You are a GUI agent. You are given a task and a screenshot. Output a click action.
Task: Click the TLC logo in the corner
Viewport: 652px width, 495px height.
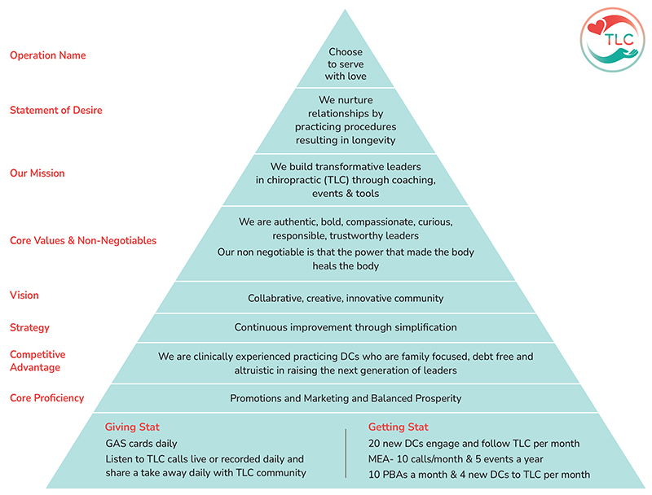click(x=612, y=40)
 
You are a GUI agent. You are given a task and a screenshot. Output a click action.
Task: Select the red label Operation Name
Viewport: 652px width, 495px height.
click(x=48, y=55)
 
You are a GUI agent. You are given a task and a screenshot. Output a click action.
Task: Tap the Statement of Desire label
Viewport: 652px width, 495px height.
click(x=56, y=110)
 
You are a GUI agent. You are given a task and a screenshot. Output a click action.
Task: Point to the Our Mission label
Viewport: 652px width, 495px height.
click(x=37, y=173)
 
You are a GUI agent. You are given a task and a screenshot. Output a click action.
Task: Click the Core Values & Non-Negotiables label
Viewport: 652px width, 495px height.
click(x=83, y=240)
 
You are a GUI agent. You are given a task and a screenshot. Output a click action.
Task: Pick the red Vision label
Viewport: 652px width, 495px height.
click(x=24, y=296)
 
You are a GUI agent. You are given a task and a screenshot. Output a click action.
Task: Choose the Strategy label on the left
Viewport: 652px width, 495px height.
click(x=29, y=327)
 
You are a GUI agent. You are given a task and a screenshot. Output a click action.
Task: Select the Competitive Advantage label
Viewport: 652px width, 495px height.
click(x=37, y=361)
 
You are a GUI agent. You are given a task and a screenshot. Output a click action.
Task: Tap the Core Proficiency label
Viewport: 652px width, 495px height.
click(x=47, y=398)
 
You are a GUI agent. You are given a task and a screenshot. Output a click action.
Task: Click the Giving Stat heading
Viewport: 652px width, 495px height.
click(x=132, y=427)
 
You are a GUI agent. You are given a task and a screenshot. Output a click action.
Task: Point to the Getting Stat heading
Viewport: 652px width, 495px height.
click(x=399, y=427)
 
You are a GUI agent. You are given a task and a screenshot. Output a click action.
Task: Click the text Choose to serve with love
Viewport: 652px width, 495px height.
click(x=346, y=64)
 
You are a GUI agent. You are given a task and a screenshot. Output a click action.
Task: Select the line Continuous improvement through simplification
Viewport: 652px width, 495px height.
click(x=346, y=327)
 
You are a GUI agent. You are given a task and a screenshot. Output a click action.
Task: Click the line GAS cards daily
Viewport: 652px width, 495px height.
click(x=141, y=444)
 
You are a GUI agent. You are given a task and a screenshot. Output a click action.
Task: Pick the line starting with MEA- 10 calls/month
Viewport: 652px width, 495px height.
click(x=456, y=459)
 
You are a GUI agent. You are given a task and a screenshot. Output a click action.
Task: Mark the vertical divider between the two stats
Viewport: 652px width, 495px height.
click(x=346, y=453)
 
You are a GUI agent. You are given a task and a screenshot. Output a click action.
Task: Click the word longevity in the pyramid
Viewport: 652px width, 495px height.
click(x=372, y=140)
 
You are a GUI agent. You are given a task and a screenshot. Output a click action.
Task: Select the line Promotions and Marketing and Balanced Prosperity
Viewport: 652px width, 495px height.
click(x=346, y=398)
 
